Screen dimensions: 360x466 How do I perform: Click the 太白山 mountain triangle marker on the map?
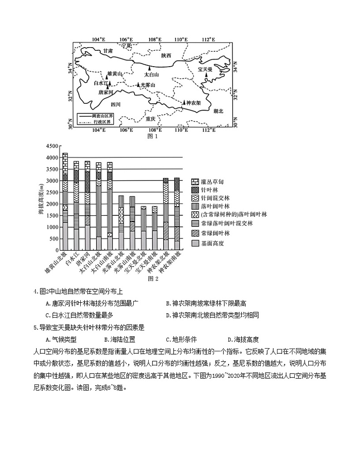[150, 68]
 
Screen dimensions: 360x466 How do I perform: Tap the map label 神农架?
[194, 103]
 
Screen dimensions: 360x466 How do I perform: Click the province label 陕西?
[166, 55]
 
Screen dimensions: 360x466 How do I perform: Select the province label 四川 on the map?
[116, 104]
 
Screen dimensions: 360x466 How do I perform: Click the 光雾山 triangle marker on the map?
[138, 85]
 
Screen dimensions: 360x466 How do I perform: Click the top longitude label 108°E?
[154, 39]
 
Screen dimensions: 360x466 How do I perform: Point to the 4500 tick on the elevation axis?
[53, 146]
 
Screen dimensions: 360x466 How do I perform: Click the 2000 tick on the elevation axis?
[53, 204]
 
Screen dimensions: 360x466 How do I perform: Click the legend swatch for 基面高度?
[195, 243]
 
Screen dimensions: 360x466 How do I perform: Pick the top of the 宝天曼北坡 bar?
[143, 206]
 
